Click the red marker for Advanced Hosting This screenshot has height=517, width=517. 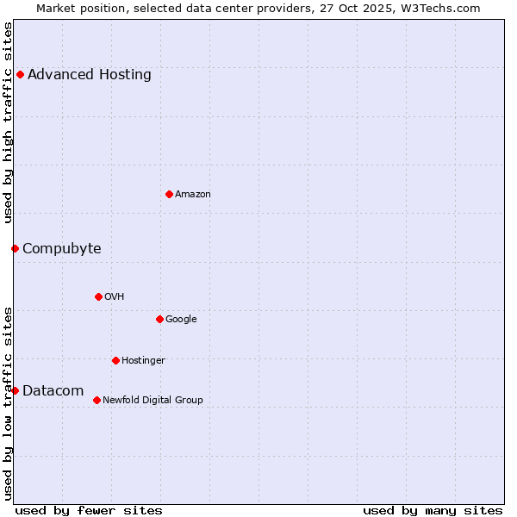pos(20,74)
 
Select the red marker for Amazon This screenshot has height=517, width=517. pos(169,194)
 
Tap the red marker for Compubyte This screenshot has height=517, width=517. pos(15,248)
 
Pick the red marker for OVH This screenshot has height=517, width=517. pos(98,296)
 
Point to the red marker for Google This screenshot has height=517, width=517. pos(159,319)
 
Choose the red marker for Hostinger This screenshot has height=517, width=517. pos(115,360)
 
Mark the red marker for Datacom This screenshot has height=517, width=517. pos(15,390)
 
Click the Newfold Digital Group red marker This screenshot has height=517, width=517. pos(97,400)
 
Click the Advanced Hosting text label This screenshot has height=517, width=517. pos(90,74)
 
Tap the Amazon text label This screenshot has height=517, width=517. pos(193,194)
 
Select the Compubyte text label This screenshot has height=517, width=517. pos(62,248)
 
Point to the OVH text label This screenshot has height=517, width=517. pos(115,296)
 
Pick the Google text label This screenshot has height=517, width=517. pos(181,319)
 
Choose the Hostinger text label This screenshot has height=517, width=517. pos(143,360)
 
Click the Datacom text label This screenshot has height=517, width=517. pos(53,390)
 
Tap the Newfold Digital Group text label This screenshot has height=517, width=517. pos(153,400)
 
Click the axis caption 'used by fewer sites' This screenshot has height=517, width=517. pos(89,510)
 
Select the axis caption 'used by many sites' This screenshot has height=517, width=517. pos(433,510)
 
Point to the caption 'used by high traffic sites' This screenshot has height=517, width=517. pos(8,122)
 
